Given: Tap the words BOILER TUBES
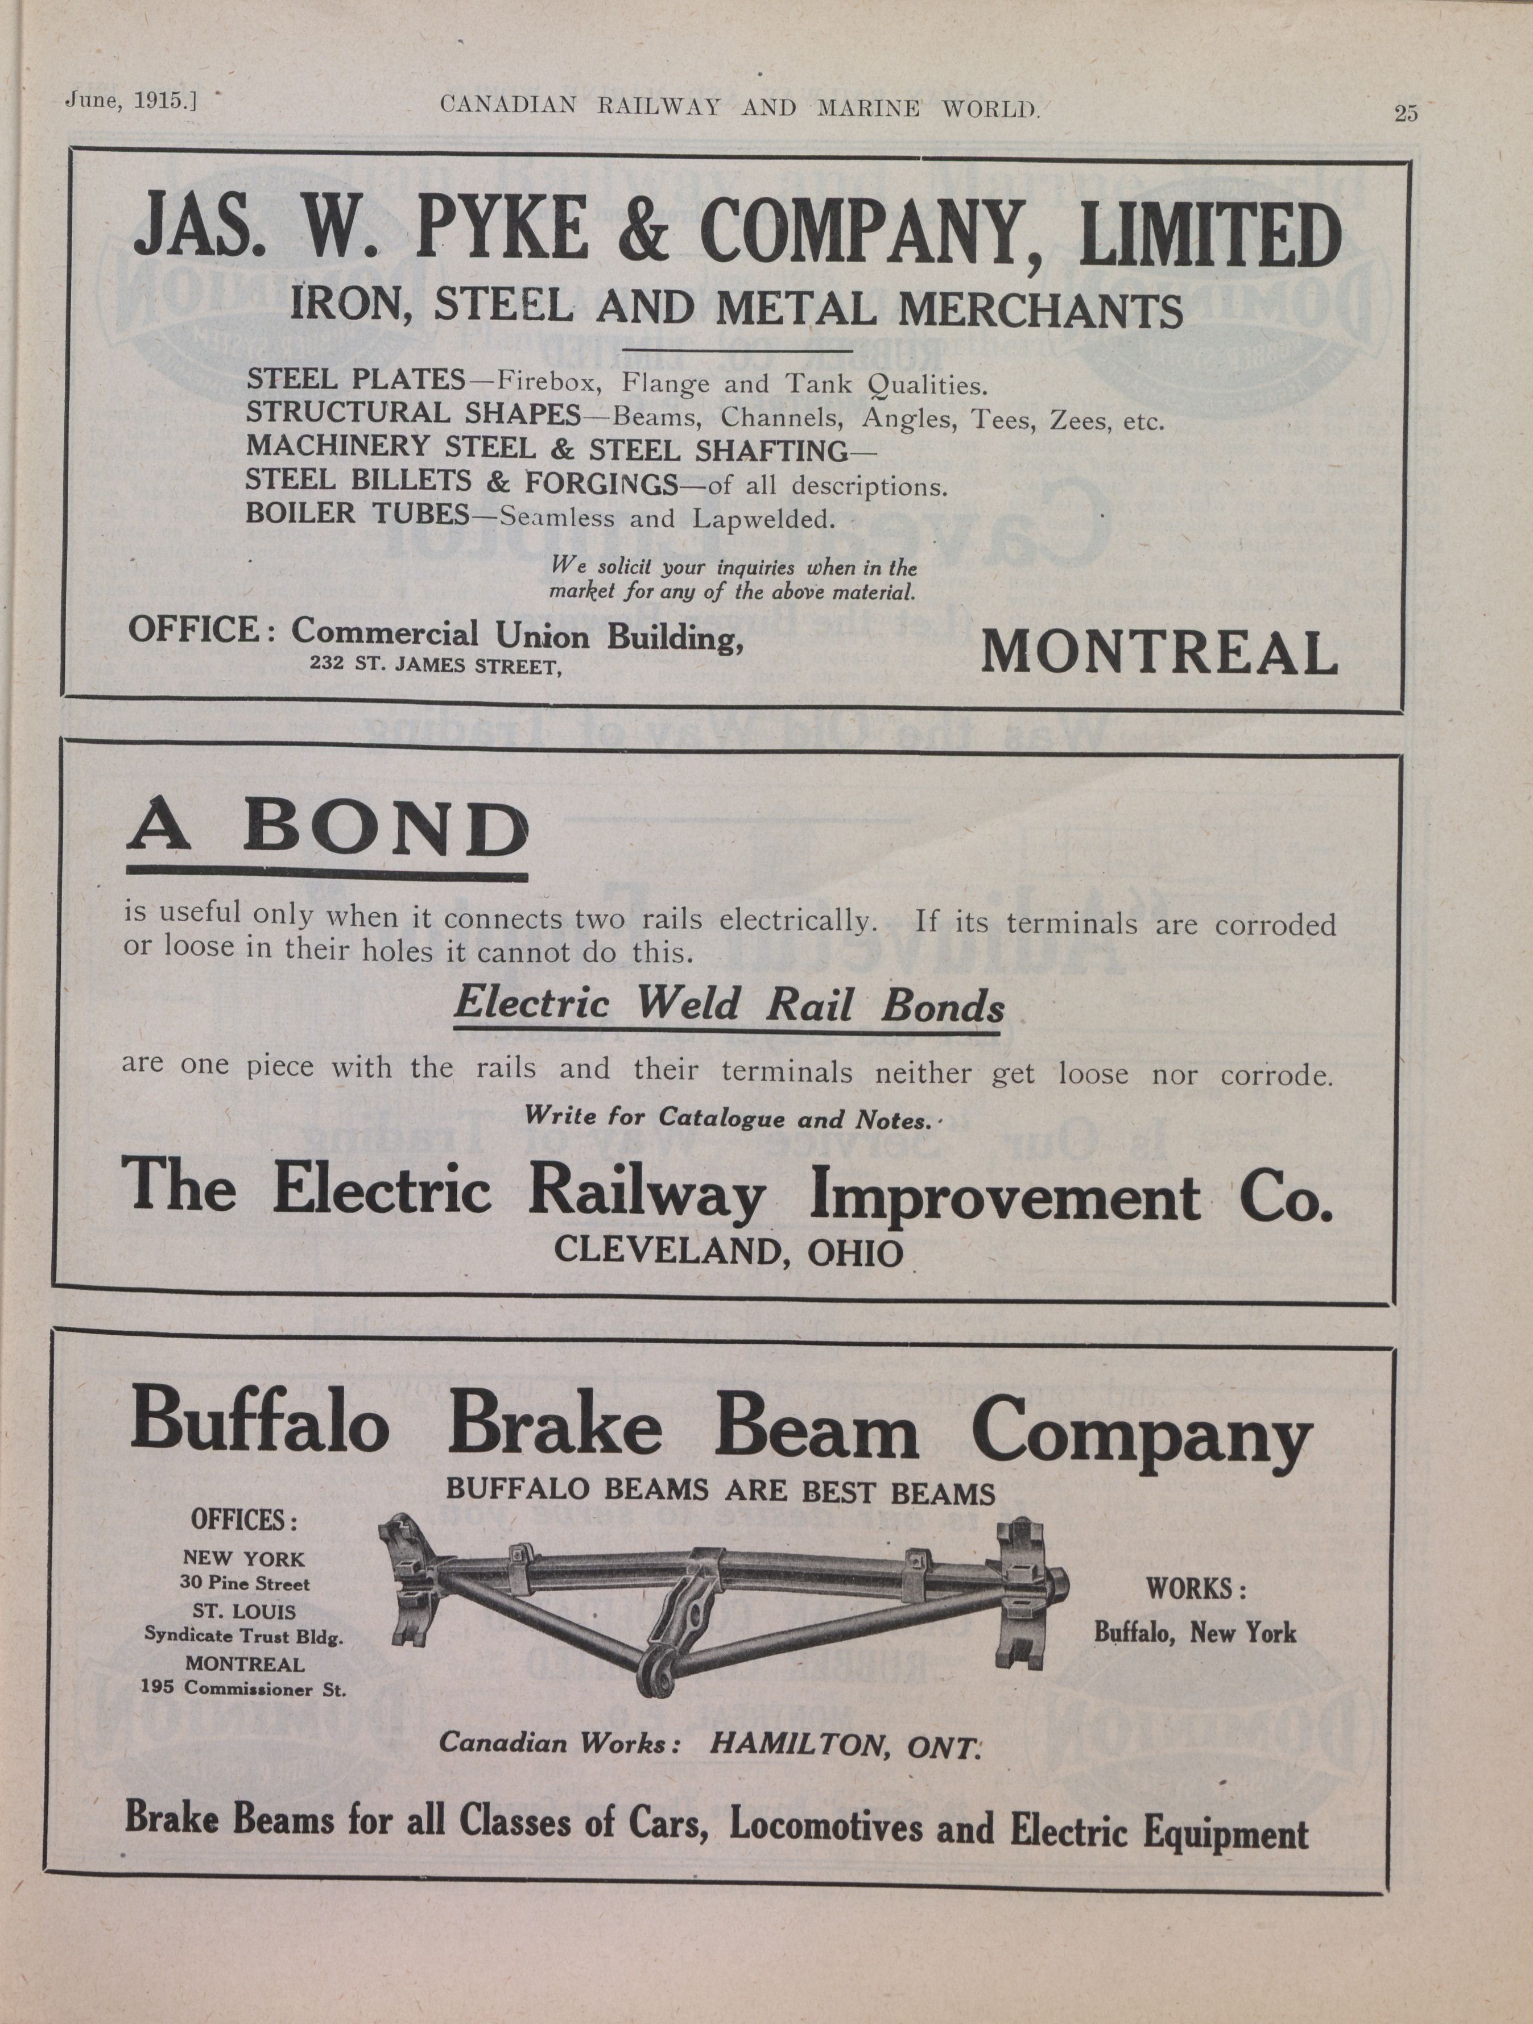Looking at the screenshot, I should point(357,514).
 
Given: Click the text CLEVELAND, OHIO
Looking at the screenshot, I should point(729,1251).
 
